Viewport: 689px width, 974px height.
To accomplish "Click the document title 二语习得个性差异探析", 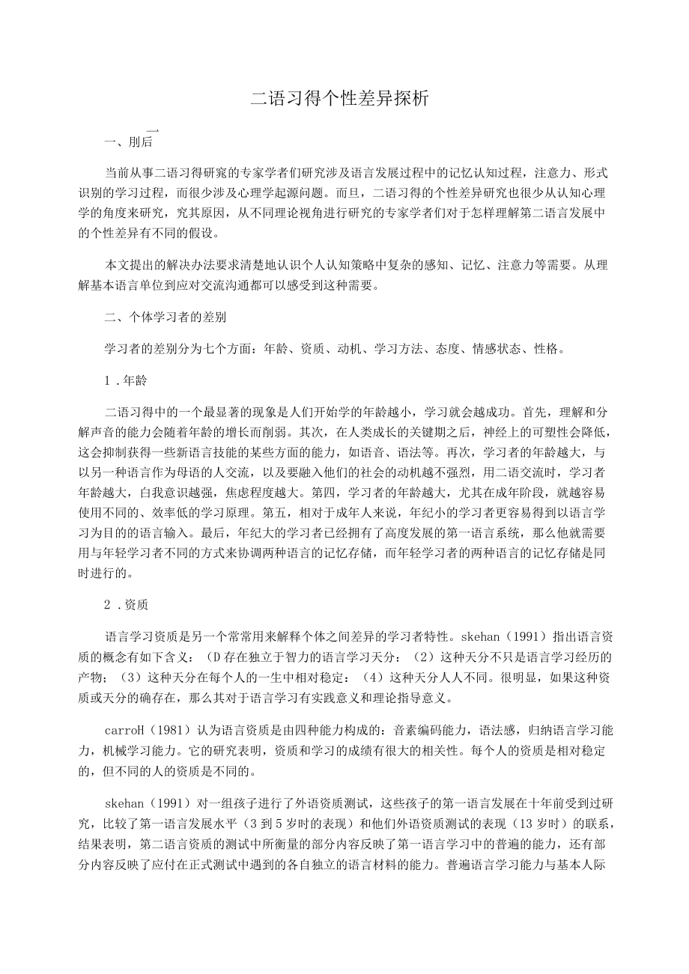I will point(339,98).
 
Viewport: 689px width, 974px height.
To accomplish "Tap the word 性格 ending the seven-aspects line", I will point(549,349).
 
